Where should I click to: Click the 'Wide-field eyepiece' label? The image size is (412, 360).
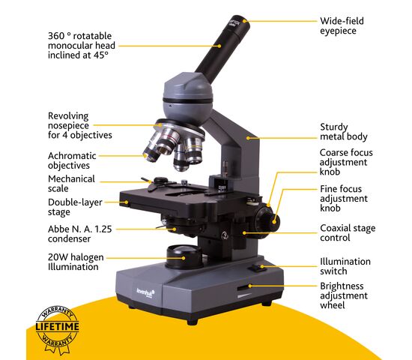[x=342, y=25]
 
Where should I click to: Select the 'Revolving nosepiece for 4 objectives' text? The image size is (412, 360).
[x=80, y=125]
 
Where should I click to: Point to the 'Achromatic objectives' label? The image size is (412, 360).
[x=72, y=160]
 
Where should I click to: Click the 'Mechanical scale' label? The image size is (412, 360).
[x=71, y=184]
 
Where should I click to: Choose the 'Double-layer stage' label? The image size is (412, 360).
[x=75, y=207]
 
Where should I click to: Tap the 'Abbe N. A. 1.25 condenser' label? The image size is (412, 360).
[x=79, y=234]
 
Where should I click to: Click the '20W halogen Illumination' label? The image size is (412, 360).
[x=76, y=262]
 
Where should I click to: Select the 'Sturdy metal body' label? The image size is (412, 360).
[x=344, y=132]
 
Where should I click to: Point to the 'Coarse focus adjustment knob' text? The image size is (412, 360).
[x=346, y=162]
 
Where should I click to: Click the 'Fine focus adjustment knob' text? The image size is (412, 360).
[x=344, y=199]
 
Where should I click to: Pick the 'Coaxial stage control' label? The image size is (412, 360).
[x=348, y=233]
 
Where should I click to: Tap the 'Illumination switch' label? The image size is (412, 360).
[x=345, y=266]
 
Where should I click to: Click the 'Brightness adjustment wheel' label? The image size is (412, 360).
[x=344, y=295]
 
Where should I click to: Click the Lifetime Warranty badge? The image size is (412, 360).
[x=57, y=330]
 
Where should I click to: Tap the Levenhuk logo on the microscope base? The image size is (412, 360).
[x=145, y=293]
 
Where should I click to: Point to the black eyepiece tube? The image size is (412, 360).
[x=222, y=46]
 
